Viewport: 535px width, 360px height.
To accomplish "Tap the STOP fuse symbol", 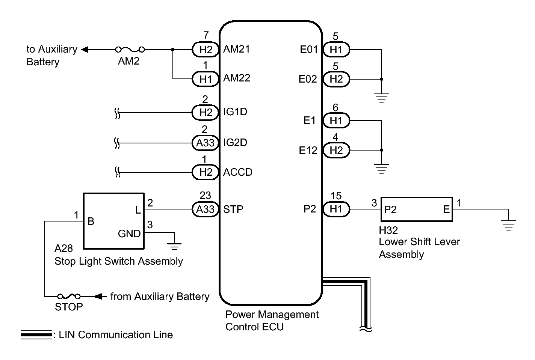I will coord(69,297).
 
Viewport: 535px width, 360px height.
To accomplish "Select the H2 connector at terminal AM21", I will coord(206,50).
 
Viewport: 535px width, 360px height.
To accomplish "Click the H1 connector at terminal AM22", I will coord(206,79).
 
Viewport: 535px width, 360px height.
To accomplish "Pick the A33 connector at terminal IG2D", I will coord(206,143).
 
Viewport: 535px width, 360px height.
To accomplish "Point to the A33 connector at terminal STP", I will coord(206,209).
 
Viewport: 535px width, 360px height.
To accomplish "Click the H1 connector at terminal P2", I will coord(336,209).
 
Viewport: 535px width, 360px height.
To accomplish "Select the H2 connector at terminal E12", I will coord(336,150).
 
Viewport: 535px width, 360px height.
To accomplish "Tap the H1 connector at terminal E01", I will coord(336,50).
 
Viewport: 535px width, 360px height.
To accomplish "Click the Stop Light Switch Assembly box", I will coord(113,221).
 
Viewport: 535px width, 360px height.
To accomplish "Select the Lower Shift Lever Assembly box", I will coord(416,209).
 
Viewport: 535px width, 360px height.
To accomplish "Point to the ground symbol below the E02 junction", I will coord(382,98).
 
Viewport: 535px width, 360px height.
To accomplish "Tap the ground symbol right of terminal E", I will coord(509,225).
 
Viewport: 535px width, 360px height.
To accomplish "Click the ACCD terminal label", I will coord(237,172).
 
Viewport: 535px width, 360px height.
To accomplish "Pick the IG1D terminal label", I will coord(235,112).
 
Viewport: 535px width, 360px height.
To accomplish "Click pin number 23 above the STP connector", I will coord(205,196).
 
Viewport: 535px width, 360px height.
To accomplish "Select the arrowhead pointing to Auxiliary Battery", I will coord(85,50).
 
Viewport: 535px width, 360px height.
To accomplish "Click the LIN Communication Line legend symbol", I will coord(36,335).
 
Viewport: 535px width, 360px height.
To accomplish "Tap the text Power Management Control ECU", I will coord(272,321).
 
